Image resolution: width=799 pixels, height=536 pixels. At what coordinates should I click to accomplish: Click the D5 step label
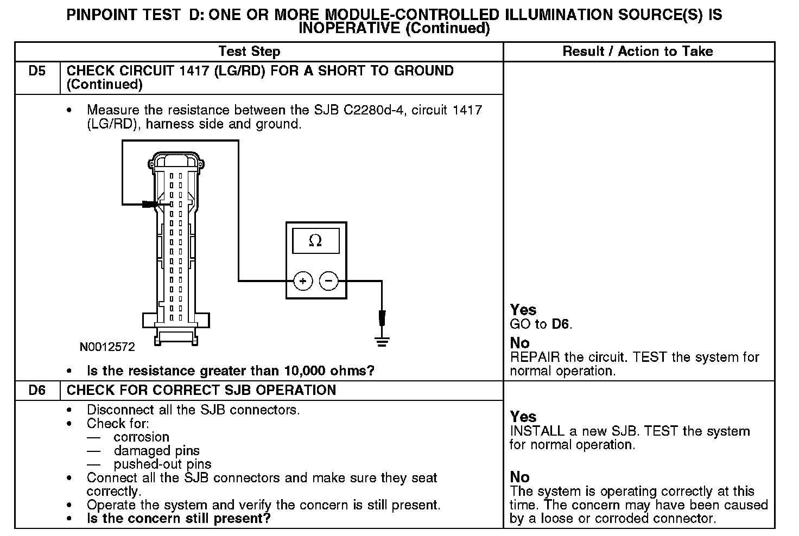click(37, 71)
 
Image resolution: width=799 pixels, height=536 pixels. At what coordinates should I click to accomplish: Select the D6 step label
click(37, 391)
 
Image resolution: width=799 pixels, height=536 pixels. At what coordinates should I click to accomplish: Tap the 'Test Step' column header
click(249, 52)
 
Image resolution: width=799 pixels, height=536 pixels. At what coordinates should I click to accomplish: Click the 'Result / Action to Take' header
click(638, 52)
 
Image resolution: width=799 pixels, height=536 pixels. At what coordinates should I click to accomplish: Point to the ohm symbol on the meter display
click(315, 240)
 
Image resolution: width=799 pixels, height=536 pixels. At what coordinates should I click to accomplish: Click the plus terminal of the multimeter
click(303, 281)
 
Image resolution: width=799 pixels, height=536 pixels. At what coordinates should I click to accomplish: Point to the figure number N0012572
click(107, 347)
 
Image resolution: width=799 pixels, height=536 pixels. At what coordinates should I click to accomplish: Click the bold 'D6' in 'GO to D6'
click(561, 324)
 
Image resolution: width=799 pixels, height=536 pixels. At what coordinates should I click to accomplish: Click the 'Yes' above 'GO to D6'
click(523, 310)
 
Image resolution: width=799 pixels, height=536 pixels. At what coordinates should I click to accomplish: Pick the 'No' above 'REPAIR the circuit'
click(519, 343)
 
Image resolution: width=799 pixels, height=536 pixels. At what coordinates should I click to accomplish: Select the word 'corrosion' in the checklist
click(141, 437)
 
